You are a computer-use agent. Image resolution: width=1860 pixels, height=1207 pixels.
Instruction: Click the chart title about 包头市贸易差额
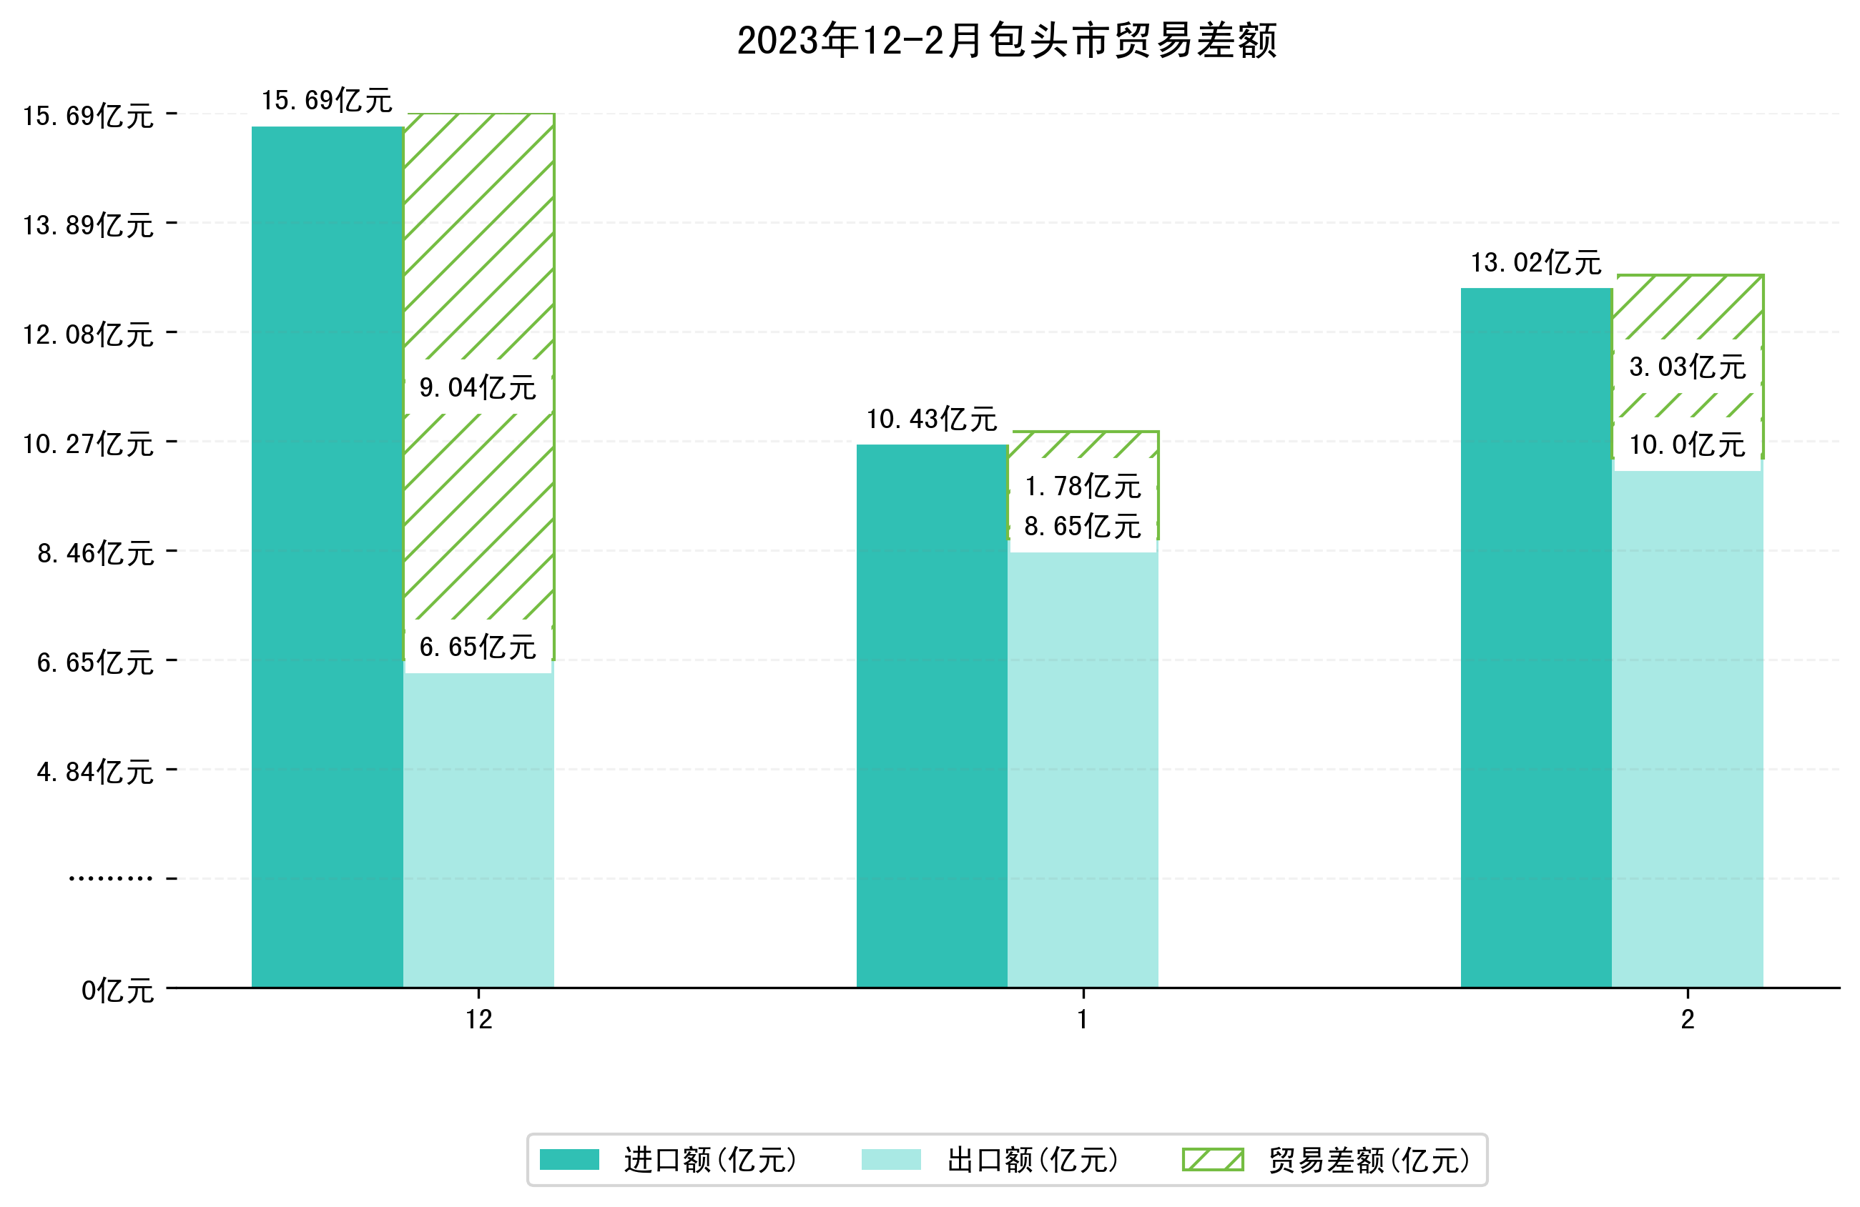tap(1007, 41)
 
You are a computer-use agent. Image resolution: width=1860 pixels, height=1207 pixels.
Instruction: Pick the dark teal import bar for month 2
tap(1535, 637)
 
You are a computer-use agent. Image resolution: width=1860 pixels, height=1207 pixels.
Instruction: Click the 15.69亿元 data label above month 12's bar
tap(327, 101)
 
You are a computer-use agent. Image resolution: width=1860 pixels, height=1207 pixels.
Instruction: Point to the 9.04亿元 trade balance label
tap(478, 387)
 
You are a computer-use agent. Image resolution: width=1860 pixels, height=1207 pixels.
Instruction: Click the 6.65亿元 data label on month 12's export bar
tap(478, 647)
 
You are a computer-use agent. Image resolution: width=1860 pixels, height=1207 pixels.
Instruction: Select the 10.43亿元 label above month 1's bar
tap(932, 419)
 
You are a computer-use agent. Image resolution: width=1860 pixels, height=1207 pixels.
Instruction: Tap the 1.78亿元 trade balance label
tap(1083, 487)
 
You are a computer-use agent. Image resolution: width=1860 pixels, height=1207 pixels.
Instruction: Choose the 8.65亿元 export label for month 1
tap(1083, 527)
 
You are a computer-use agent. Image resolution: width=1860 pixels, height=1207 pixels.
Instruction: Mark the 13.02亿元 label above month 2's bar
tap(1535, 262)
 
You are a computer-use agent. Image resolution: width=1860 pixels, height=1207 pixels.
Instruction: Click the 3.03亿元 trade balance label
tap(1687, 367)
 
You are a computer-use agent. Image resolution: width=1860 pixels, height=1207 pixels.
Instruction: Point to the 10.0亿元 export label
tap(1687, 445)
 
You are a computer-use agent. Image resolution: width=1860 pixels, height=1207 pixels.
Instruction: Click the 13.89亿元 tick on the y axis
tap(88, 226)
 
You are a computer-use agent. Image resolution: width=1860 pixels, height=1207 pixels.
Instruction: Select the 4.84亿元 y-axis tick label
tap(94, 772)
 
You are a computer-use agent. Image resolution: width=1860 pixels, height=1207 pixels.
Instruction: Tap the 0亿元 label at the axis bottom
tap(117, 990)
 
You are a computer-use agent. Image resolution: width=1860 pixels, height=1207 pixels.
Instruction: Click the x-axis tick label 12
tap(478, 1020)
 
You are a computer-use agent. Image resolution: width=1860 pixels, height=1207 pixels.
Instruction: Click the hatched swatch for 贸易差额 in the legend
tap(1212, 1159)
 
